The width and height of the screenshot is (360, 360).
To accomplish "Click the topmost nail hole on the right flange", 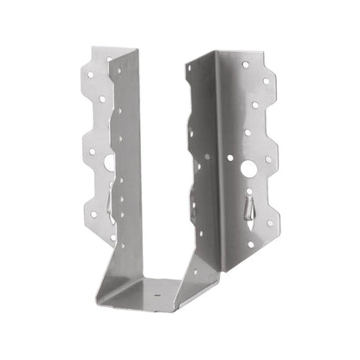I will pyautogui.click(x=246, y=64).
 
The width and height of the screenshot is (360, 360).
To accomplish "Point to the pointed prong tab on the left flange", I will pyautogui.click(x=104, y=203).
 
